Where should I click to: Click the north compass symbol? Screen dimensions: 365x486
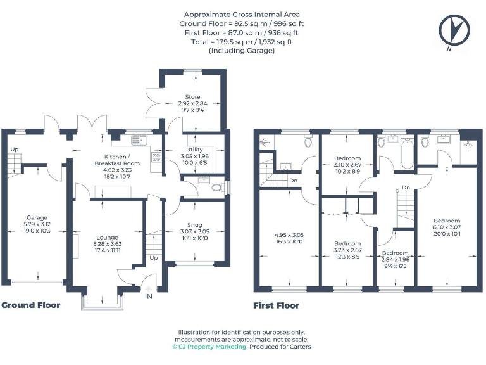tap(452, 30)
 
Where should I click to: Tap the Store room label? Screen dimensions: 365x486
tap(192, 97)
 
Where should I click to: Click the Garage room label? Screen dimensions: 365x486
tap(36, 217)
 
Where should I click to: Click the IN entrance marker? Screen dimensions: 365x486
tap(148, 297)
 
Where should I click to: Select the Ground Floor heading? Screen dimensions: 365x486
tap(31, 305)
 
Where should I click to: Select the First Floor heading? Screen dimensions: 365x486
tap(277, 305)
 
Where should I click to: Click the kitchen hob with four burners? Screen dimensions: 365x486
tap(155, 158)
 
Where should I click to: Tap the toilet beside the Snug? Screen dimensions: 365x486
tap(215, 188)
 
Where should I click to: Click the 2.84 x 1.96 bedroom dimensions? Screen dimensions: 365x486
tap(396, 260)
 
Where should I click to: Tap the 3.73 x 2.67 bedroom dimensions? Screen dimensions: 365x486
tap(347, 250)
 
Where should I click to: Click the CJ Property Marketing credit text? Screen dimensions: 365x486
tap(209, 347)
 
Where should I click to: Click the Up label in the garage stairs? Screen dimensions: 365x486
tap(13, 150)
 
